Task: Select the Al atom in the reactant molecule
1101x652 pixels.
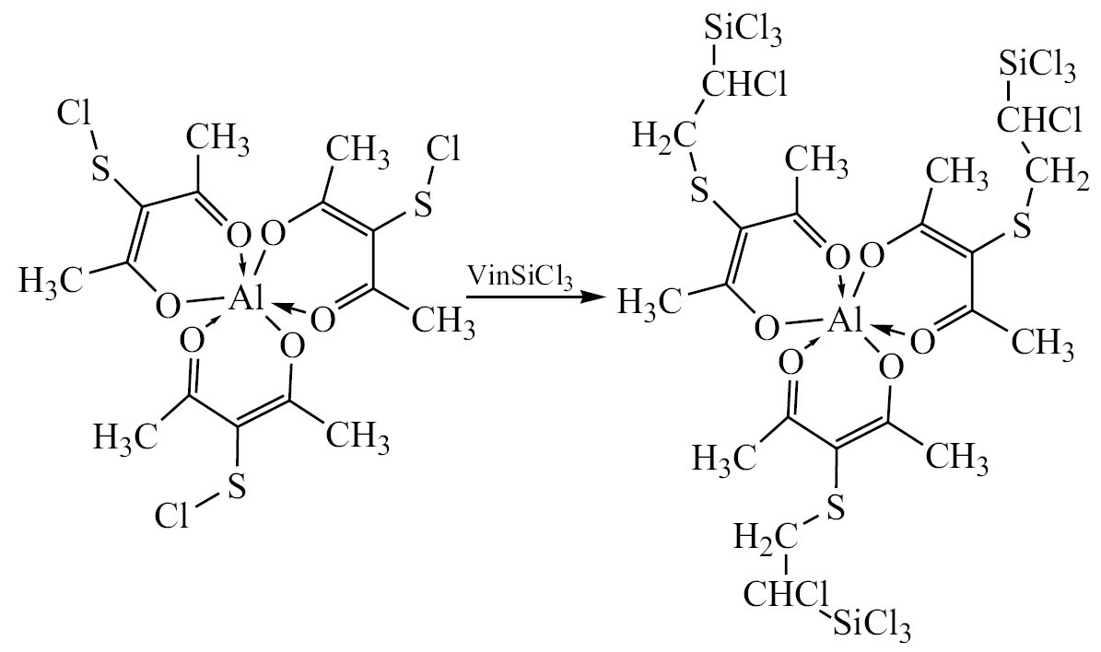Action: (x=246, y=299)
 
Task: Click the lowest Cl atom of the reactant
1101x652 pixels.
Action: (x=171, y=516)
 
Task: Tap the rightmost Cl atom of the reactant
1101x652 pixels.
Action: (x=442, y=148)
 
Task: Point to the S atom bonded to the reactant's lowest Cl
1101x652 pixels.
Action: (x=237, y=485)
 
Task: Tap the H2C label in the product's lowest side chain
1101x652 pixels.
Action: (x=763, y=540)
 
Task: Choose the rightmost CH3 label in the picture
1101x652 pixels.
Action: (x=1043, y=343)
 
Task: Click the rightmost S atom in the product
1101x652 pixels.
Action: (x=1023, y=226)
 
